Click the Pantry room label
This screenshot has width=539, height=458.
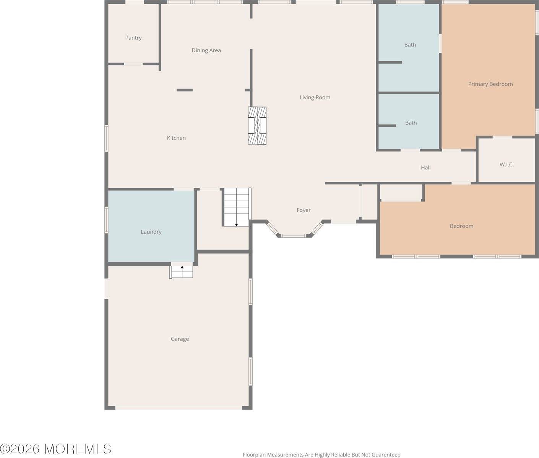[133, 38]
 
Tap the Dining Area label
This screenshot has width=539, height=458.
[206, 50]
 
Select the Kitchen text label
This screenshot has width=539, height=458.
[176, 138]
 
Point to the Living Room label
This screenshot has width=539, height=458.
[315, 98]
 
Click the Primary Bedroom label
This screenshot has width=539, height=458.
[490, 84]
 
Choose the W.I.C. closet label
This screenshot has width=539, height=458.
[507, 164]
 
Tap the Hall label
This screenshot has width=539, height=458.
[425, 168]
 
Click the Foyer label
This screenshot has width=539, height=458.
[304, 210]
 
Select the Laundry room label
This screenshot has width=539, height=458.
[151, 232]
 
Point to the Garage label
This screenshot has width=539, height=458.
[180, 339]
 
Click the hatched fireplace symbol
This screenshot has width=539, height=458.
[257, 126]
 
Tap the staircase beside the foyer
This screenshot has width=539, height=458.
[237, 207]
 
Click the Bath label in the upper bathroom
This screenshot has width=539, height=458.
[410, 45]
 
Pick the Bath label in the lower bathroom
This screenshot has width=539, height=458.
[411, 123]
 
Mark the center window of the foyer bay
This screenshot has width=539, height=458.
[293, 236]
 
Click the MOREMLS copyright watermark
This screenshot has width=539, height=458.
[55, 449]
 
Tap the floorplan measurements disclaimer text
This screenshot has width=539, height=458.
[321, 455]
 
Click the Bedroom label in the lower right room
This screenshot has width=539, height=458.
[461, 226]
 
